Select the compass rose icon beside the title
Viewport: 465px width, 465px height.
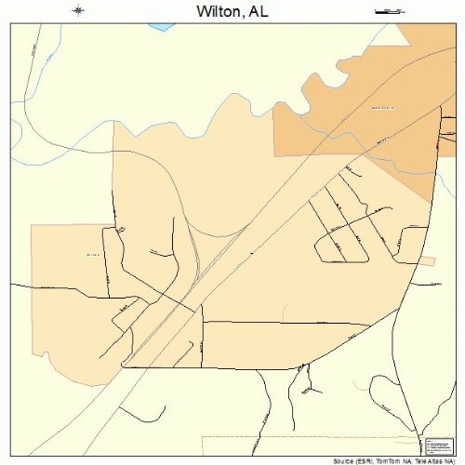(x=79, y=11)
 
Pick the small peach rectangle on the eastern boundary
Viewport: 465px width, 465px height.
(x=427, y=260)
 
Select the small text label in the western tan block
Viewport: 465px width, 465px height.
(x=92, y=254)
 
